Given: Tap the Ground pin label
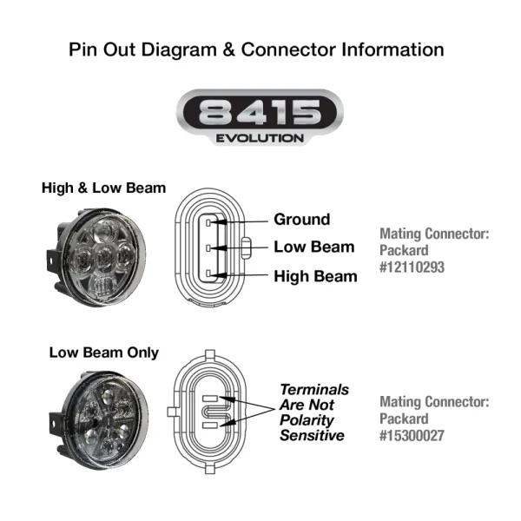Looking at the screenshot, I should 301,220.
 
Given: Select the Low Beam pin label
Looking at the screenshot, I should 313,247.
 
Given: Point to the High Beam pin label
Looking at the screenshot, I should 315,276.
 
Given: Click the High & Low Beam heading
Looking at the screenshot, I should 103,188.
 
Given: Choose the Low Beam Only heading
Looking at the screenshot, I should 103,353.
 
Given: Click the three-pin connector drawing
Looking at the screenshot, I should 211,249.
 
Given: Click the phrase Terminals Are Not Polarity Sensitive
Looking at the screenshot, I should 313,412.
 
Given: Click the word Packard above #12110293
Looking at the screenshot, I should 406,250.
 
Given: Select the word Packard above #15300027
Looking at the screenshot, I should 406,419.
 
